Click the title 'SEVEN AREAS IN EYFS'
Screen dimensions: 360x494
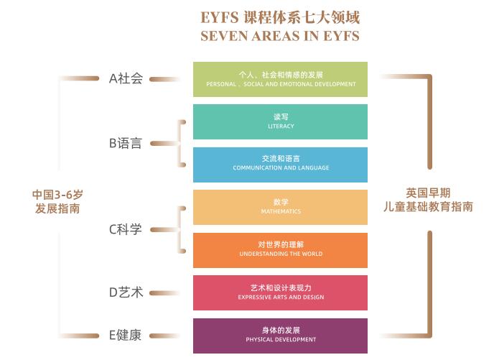tap(281, 35)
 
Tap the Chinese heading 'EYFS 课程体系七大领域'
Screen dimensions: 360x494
tap(281, 16)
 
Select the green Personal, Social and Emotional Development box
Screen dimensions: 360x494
tap(280, 79)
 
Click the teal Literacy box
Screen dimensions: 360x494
tap(280, 121)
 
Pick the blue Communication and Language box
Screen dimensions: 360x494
tap(280, 165)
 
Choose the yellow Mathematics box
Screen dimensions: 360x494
tap(280, 207)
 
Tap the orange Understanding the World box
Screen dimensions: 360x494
tap(280, 250)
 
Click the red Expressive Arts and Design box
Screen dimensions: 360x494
tap(280, 292)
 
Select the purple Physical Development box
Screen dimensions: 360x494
tap(280, 336)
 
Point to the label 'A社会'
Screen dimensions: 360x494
tap(126, 79)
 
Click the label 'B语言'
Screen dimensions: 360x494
tap(126, 143)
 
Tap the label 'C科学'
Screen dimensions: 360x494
tap(126, 229)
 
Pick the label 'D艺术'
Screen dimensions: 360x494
tap(126, 292)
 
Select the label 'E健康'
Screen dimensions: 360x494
tap(126, 336)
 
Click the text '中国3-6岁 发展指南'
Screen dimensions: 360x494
tap(57, 201)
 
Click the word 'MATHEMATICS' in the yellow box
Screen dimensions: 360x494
tap(281, 211)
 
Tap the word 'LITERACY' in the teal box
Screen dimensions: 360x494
tap(281, 126)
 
